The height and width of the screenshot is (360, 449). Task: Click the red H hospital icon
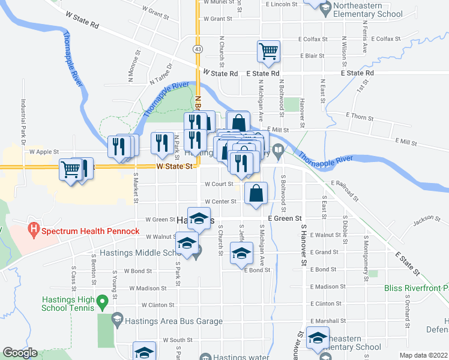tap(34, 229)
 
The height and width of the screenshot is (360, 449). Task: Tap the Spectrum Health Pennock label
tap(90, 231)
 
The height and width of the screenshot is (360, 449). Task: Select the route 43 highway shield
tap(197, 47)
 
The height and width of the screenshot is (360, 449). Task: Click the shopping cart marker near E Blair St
tap(268, 51)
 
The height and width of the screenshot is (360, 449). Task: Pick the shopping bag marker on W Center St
tap(256, 194)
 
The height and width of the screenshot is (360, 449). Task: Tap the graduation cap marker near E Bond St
tap(241, 254)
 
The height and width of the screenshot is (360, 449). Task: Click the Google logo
tap(20, 353)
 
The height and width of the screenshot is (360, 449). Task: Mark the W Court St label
tap(218, 184)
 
